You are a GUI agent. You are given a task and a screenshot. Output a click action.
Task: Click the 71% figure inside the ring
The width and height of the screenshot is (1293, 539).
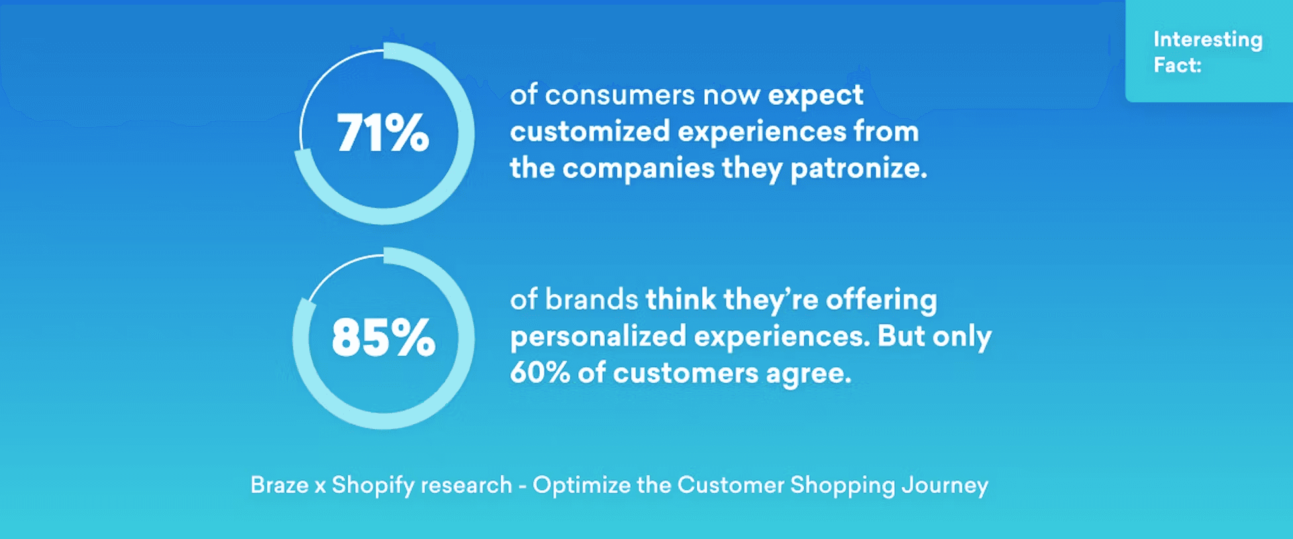[383, 133]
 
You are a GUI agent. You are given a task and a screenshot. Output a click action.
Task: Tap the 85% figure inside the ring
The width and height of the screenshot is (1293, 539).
[384, 337]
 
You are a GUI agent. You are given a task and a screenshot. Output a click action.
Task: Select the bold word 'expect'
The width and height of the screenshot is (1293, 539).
[815, 96]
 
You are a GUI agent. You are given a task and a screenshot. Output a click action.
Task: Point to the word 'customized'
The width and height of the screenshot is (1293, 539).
[590, 131]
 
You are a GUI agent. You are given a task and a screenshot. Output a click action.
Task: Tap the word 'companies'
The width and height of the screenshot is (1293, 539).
[639, 169]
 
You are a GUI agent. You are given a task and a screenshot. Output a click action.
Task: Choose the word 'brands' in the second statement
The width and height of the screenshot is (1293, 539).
[592, 300]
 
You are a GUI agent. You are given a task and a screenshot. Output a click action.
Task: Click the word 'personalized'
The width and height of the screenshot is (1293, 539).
[598, 337]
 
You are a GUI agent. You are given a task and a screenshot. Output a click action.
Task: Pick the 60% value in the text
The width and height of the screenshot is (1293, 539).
[540, 373]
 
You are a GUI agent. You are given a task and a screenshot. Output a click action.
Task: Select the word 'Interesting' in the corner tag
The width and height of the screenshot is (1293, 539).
[1208, 40]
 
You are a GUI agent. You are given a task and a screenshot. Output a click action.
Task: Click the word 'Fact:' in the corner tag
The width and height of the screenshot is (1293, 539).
[1177, 65]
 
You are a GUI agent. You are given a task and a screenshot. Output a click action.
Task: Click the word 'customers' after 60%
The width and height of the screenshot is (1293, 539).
[686, 373]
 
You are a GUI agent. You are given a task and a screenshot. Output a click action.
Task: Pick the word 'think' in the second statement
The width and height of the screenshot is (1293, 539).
[681, 300]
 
